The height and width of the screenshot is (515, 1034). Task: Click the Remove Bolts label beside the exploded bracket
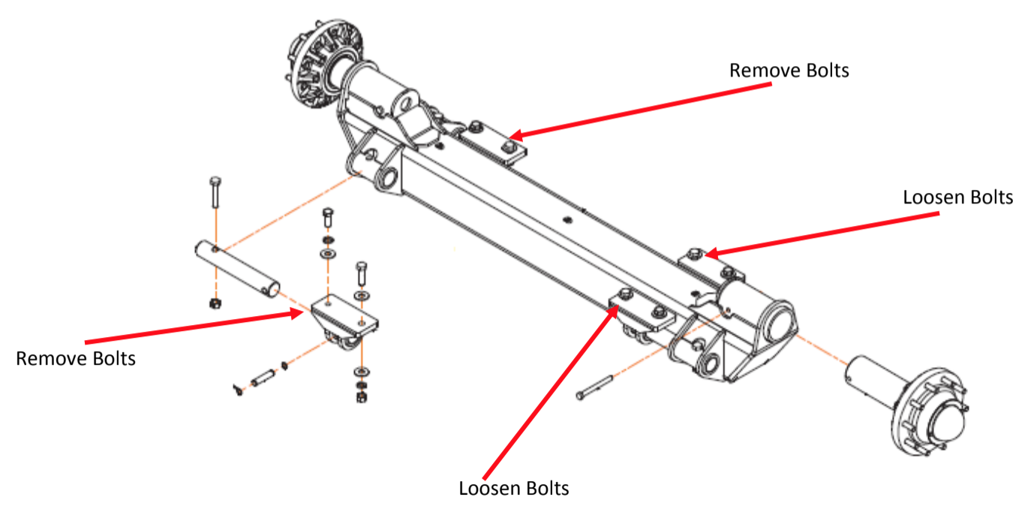coord(76,358)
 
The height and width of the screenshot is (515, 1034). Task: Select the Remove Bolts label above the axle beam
coord(789,71)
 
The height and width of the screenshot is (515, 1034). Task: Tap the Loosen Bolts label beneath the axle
coord(514,489)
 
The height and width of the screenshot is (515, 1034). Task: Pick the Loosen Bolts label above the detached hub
coord(958,197)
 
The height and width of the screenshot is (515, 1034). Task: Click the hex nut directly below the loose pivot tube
coord(213,303)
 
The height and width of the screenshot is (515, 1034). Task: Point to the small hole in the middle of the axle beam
coord(567,220)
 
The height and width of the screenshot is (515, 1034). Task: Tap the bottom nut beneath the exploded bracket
coord(360,395)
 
